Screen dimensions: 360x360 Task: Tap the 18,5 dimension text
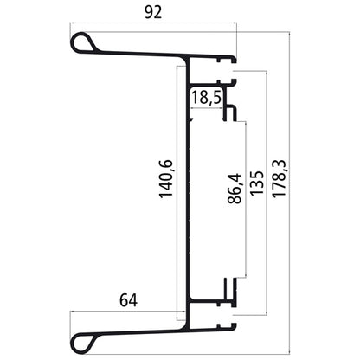coord(206,97)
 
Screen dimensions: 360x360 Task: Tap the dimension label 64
coord(127,301)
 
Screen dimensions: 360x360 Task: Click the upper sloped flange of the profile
coord(143,52)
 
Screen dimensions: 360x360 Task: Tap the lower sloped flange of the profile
coord(143,330)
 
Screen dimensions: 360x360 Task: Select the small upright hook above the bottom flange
coord(227,290)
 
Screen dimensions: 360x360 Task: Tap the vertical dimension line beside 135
coord(267,190)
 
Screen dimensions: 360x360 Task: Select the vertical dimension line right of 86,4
coord(245,199)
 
